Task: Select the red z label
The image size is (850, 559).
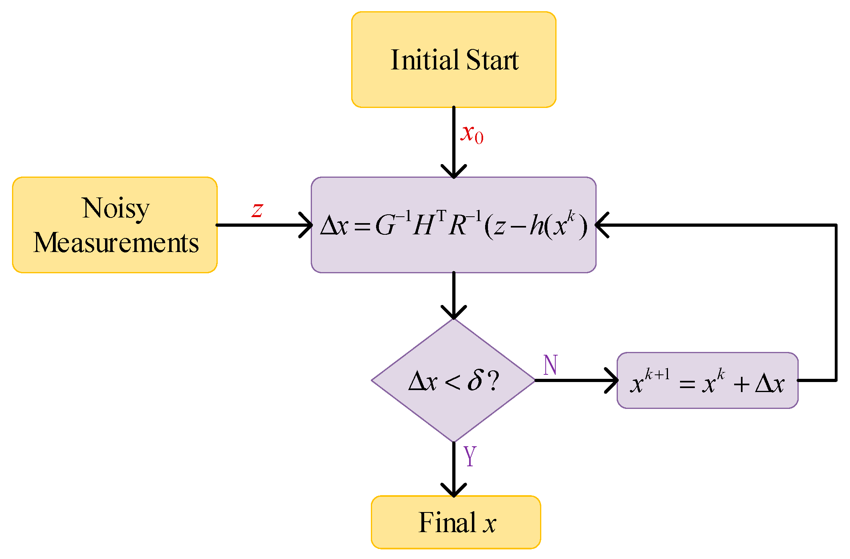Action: tap(257, 209)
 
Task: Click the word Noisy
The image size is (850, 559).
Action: tap(115, 209)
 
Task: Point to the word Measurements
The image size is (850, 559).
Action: tap(116, 243)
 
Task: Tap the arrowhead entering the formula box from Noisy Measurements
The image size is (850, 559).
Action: tap(307, 225)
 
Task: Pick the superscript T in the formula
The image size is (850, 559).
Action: tap(441, 216)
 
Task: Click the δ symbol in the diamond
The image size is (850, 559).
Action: tap(475, 380)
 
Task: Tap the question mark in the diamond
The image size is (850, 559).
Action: tap(494, 380)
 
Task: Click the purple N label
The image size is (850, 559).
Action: tap(550, 365)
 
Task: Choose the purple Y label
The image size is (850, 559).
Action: tap(470, 456)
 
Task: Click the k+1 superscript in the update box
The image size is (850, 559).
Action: tap(657, 374)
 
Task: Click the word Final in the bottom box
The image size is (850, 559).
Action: tap(447, 522)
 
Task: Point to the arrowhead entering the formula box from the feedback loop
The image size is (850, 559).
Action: tap(602, 225)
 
